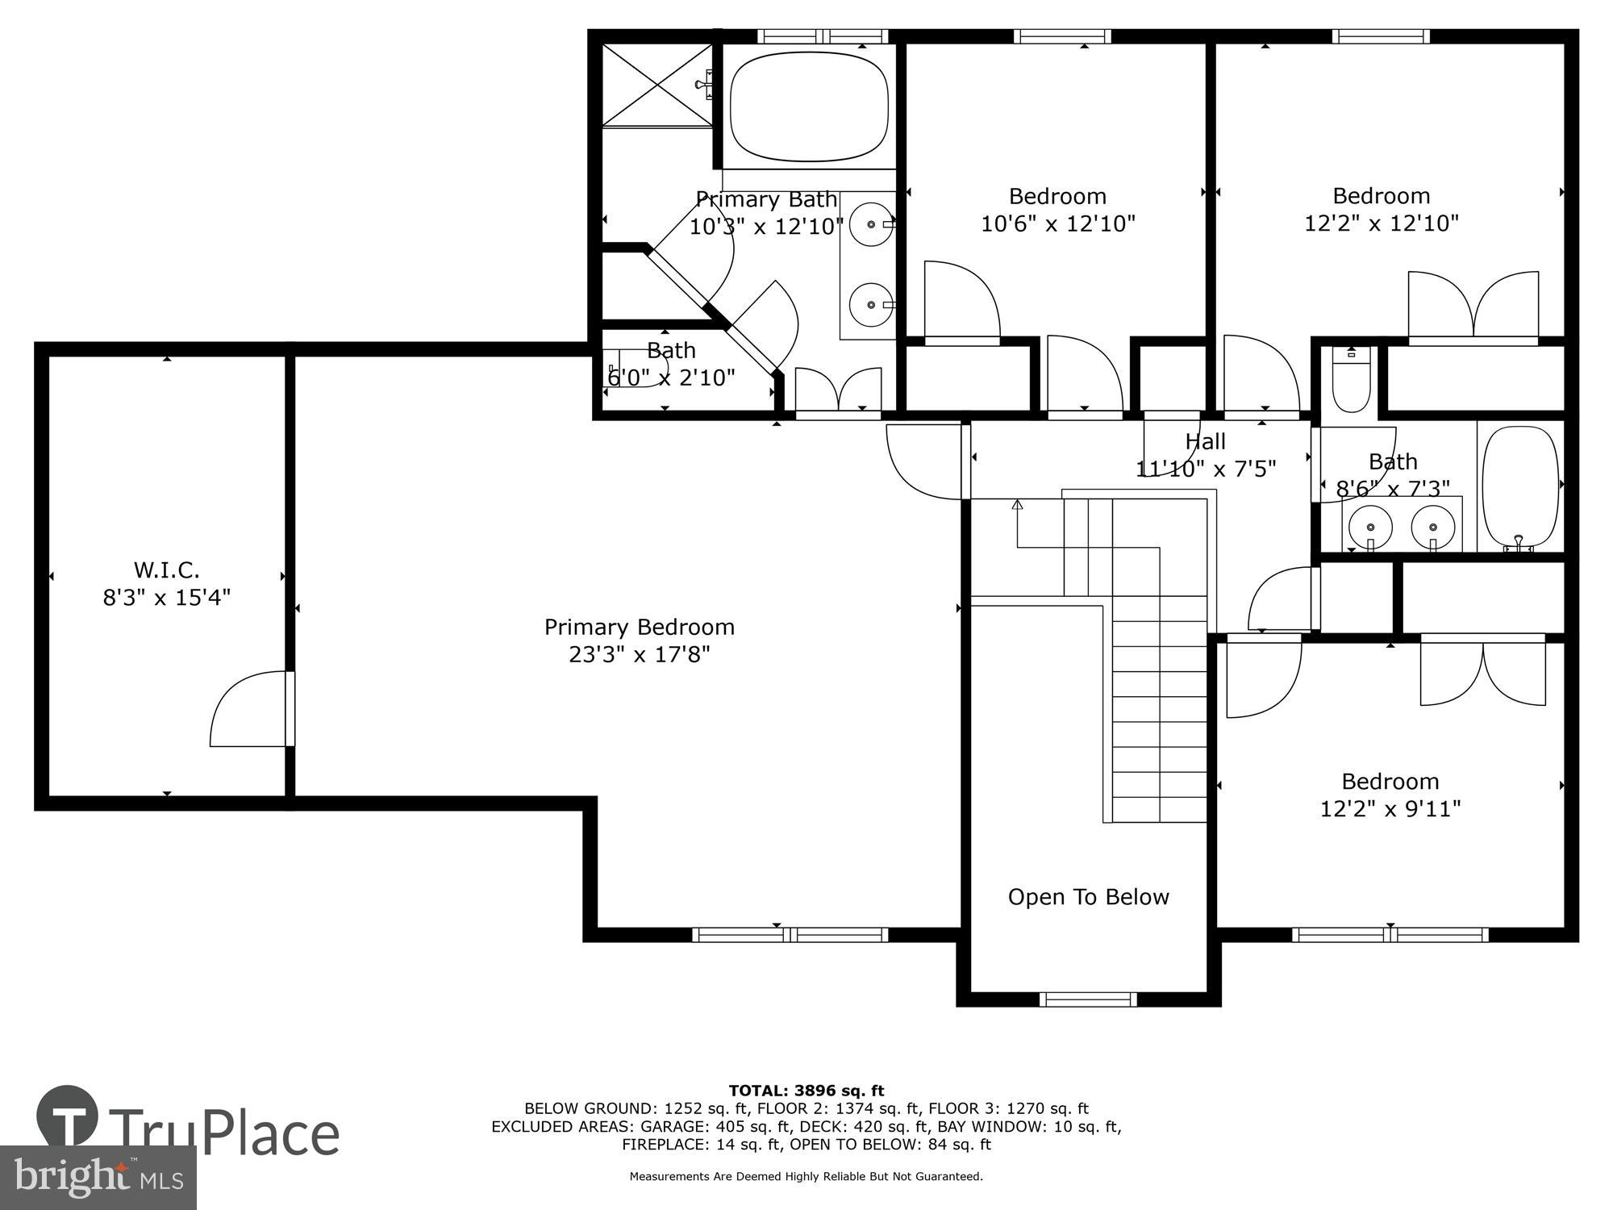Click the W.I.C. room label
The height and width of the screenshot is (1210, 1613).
click(x=166, y=570)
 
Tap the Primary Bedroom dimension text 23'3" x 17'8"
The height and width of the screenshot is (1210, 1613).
click(x=639, y=654)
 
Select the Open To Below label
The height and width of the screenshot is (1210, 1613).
click(x=1088, y=897)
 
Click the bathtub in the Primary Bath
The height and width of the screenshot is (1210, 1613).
click(x=809, y=106)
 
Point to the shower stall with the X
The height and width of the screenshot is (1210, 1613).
click(x=657, y=85)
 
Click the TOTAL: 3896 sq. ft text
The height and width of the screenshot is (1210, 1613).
click(x=806, y=1091)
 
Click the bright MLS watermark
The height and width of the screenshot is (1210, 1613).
click(x=98, y=1179)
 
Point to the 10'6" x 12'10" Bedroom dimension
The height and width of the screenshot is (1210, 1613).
click(x=1057, y=223)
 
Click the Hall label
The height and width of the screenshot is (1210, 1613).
click(x=1205, y=441)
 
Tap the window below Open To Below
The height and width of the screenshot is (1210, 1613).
click(x=1087, y=999)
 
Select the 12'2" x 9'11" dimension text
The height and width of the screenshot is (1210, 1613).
click(x=1390, y=808)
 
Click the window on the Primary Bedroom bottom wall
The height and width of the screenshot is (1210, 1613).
click(x=790, y=935)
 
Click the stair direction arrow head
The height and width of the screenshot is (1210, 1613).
click(x=1017, y=506)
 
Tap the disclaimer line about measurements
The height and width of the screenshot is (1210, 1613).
click(x=806, y=1177)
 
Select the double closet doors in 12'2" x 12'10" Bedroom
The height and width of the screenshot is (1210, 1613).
click(x=1473, y=307)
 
